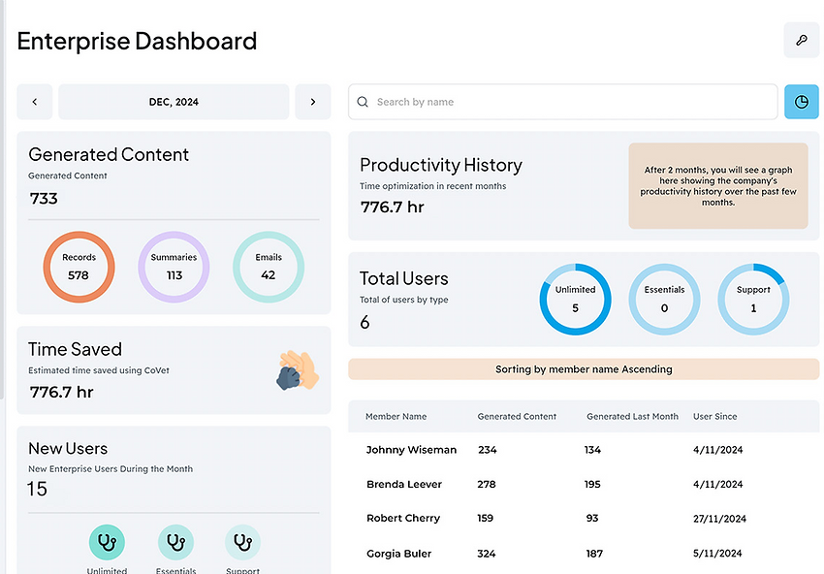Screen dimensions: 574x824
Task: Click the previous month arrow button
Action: [x=35, y=102]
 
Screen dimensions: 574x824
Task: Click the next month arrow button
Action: [x=312, y=102]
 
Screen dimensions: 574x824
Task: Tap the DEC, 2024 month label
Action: [x=174, y=102]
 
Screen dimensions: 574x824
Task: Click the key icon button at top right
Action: [x=801, y=41]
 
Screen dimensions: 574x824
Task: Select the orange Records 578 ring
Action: [x=79, y=267]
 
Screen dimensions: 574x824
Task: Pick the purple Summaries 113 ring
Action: [x=174, y=267]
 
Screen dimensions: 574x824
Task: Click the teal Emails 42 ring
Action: [x=269, y=267]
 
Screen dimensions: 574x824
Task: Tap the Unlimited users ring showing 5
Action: [x=576, y=299]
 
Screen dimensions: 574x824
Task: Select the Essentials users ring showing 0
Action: [x=665, y=299]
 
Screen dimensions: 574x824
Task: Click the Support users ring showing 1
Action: [x=753, y=299]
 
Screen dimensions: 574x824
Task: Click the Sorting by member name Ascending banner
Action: [x=584, y=369]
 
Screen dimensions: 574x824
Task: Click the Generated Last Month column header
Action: [x=632, y=417]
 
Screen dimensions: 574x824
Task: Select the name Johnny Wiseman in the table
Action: [x=411, y=450]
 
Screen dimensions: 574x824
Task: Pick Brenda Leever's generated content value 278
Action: [x=487, y=484]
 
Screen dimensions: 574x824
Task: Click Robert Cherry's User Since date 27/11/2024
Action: [x=719, y=519]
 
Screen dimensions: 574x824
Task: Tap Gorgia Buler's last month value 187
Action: [x=594, y=554]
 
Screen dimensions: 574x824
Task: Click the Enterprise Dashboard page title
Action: [x=137, y=41]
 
